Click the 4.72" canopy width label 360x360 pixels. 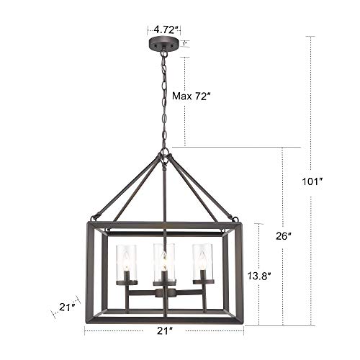pyautogui.click(x=164, y=30)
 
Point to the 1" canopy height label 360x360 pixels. pyautogui.click(x=185, y=44)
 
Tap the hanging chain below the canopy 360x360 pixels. pyautogui.click(x=166, y=101)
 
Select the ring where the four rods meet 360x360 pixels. pyautogui.click(x=166, y=153)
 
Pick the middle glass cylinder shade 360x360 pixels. pyautogui.click(x=164, y=261)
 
